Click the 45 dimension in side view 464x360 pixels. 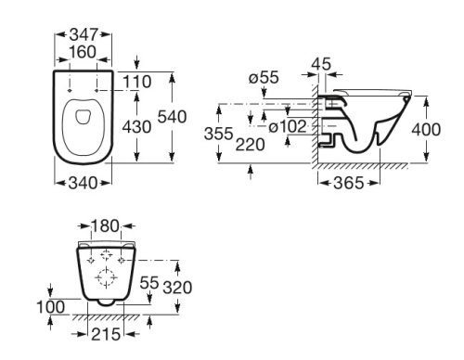[322, 64]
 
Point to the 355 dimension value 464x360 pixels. [219, 133]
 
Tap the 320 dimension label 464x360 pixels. [177, 288]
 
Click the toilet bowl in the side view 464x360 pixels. [367, 125]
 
